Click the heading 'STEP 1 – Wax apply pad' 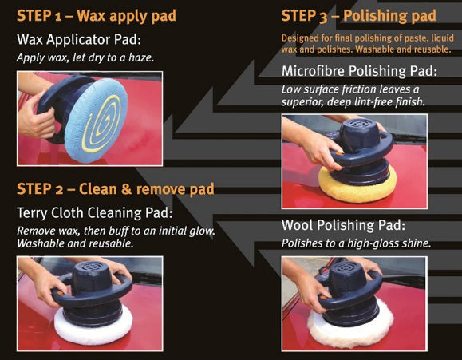(x=97, y=16)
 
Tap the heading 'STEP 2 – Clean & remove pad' (x=115, y=189)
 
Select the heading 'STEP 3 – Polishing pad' (x=359, y=16)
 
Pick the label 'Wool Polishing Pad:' (x=342, y=225)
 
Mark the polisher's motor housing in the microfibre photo (x=361, y=140)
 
